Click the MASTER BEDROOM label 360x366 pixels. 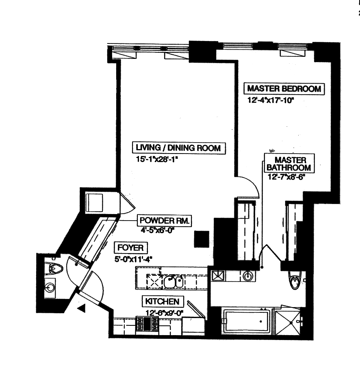click(284, 89)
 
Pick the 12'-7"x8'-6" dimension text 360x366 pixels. click(286, 177)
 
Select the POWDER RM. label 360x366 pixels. click(165, 221)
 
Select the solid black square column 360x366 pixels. click(202, 238)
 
